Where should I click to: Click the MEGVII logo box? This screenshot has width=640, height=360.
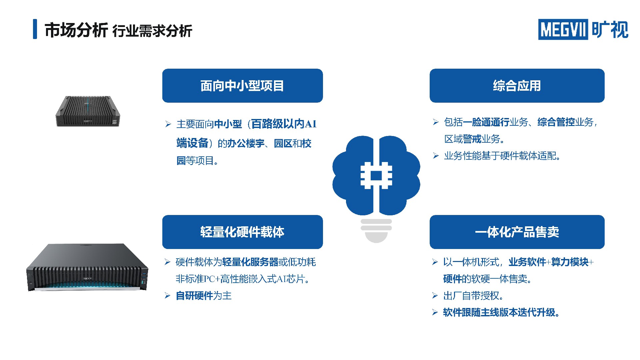(563, 29)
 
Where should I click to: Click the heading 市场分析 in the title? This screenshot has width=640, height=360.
(76, 30)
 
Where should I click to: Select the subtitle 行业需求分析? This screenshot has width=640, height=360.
(152, 31)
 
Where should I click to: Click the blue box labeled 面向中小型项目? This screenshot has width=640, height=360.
(242, 86)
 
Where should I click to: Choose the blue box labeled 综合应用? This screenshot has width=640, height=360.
(517, 86)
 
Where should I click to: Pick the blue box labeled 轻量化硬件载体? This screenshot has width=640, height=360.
(242, 232)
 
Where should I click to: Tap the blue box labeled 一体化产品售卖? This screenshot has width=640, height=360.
(517, 232)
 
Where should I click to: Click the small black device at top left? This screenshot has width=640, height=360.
(88, 111)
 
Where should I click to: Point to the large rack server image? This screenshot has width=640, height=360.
(87, 267)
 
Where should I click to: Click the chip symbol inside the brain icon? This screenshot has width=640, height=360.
(376, 175)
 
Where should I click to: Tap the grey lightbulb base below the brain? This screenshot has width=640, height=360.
(376, 231)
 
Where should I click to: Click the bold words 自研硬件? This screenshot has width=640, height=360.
(194, 296)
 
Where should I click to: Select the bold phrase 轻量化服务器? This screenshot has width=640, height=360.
(250, 262)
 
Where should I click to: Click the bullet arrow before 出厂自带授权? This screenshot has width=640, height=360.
(435, 296)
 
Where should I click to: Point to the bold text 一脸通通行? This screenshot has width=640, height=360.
(486, 122)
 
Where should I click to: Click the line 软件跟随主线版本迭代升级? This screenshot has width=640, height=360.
(501, 312)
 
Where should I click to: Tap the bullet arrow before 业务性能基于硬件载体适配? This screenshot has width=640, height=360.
(436, 156)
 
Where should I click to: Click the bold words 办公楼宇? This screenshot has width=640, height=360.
(246, 143)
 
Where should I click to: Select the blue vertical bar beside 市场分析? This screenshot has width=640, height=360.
(35, 29)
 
